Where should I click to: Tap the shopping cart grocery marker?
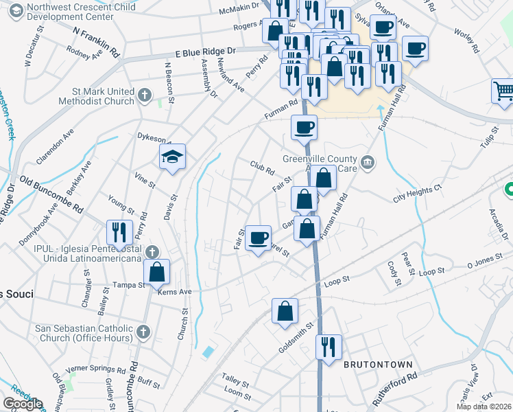503,91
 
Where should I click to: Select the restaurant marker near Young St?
119,233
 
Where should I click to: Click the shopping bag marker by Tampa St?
157,271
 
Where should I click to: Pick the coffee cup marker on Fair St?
258,238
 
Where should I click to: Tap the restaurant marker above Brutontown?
329,346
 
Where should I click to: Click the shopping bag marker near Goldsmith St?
285,311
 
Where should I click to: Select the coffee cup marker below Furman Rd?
304,127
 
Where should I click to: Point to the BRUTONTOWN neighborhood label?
378,365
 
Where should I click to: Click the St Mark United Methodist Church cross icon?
144,94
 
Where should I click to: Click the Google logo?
23,404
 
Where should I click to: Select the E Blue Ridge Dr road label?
204,51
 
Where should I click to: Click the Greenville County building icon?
368,162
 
